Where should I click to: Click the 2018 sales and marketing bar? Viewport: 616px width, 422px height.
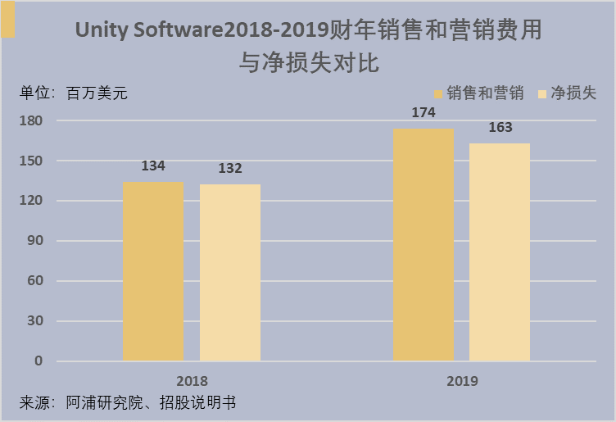[153, 270]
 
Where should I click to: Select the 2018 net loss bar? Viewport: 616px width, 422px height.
[230, 272]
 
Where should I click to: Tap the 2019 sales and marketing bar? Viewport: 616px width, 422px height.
[423, 244]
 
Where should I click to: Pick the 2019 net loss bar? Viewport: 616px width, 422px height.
[500, 252]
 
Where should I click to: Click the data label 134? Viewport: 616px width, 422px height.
[153, 166]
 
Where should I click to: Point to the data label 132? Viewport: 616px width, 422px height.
[230, 168]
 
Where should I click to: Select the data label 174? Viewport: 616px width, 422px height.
[423, 113]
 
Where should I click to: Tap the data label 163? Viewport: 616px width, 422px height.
[500, 127]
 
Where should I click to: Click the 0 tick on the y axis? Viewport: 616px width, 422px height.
[38, 361]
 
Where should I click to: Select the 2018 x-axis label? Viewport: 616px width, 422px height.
[192, 381]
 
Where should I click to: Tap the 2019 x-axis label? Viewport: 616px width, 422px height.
[462, 381]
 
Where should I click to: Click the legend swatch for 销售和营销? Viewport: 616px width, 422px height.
[438, 94]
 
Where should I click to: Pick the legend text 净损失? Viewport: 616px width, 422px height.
[573, 93]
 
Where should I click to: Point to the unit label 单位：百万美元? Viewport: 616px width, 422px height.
[74, 93]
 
